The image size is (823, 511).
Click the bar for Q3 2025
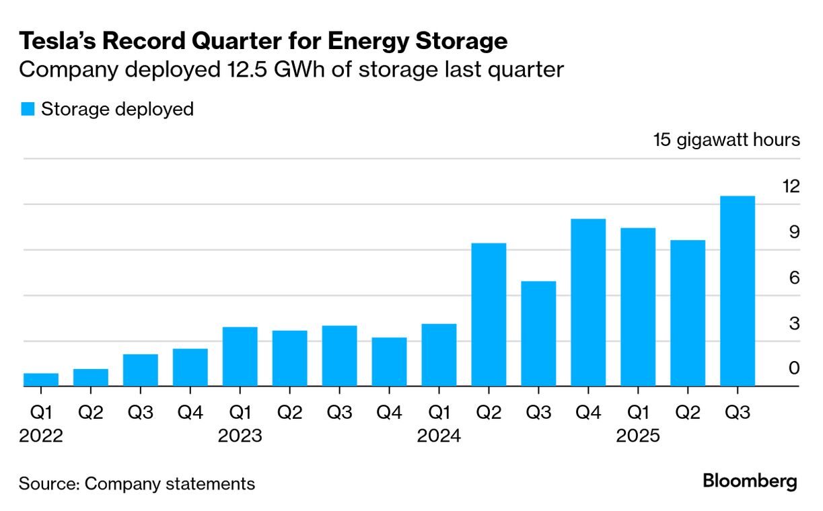coord(737,291)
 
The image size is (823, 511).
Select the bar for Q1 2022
coord(41,380)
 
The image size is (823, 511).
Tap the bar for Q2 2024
coord(489,315)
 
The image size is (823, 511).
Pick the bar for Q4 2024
coord(588,303)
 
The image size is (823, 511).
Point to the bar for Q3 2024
coord(538,333)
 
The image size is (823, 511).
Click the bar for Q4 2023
coord(389,362)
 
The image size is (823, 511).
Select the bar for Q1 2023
coord(240,356)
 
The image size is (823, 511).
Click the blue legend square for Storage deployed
coord(28,109)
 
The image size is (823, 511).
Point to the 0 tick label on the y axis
coord(794,368)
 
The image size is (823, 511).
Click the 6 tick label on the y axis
coord(794,277)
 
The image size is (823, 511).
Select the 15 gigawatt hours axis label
coord(726,140)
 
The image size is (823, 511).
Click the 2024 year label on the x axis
coord(439,436)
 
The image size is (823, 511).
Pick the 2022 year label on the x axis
coord(41,436)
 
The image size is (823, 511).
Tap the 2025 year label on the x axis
coord(638,436)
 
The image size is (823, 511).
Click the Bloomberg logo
coord(750,481)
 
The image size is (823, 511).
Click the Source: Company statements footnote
coord(137,483)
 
